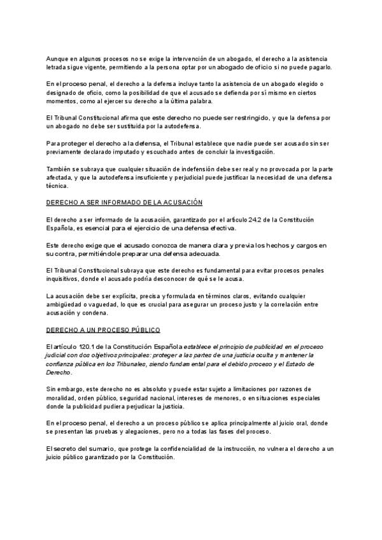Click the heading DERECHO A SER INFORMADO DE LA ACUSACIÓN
124,202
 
